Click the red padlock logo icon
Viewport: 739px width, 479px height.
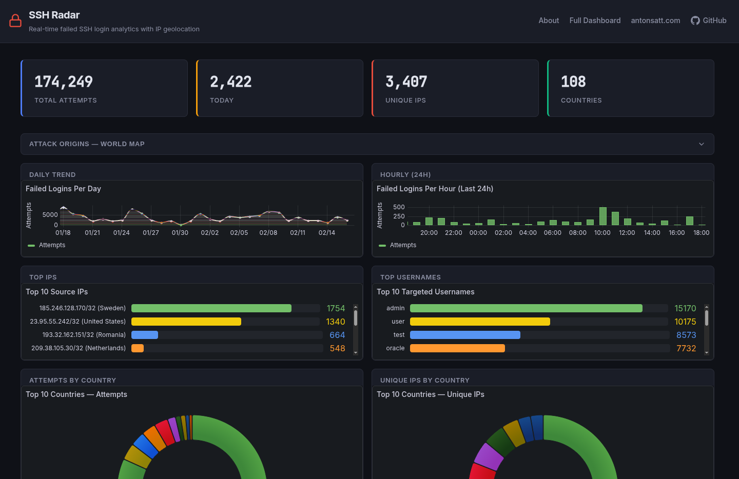[x=15, y=21]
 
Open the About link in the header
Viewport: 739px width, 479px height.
[x=549, y=21]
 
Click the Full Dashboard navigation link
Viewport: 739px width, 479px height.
[x=595, y=21]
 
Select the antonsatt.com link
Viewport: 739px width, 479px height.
[x=655, y=21]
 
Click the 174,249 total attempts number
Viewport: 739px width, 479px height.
[x=64, y=82]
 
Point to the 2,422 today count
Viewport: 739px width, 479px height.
[x=231, y=82]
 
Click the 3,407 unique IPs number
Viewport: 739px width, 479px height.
[x=406, y=82]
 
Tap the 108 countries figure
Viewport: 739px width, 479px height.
[x=573, y=82]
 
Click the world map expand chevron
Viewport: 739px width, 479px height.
[x=702, y=144]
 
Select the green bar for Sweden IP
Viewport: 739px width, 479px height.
[x=211, y=308]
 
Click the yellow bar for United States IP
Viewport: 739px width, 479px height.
[x=186, y=322]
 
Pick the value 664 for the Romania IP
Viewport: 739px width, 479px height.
[x=337, y=335]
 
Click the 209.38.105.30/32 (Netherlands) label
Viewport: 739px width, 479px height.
[x=79, y=348]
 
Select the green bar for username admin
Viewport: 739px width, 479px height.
[x=526, y=308]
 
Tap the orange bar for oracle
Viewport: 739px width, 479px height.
[x=457, y=348]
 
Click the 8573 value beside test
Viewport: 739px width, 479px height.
[x=686, y=335]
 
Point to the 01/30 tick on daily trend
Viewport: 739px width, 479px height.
[x=180, y=233]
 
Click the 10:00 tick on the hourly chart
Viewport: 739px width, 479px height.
[x=602, y=233]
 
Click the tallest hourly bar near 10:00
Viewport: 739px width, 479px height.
[x=603, y=216]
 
